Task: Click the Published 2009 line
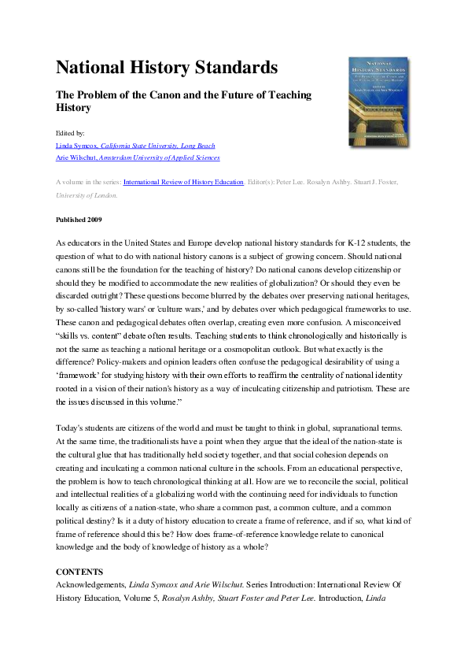79,219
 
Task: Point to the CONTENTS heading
80,569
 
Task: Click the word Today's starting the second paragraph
72,426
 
